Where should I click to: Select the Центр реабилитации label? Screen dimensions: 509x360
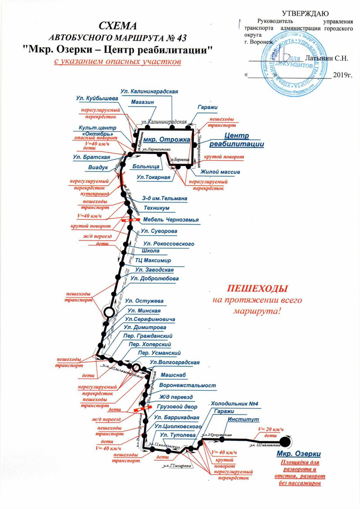tap(244, 140)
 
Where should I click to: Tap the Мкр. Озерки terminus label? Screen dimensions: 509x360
tap(299, 453)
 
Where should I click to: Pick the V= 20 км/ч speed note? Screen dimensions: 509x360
tap(270, 430)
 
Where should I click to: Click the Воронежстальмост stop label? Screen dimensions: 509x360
tap(188, 386)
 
